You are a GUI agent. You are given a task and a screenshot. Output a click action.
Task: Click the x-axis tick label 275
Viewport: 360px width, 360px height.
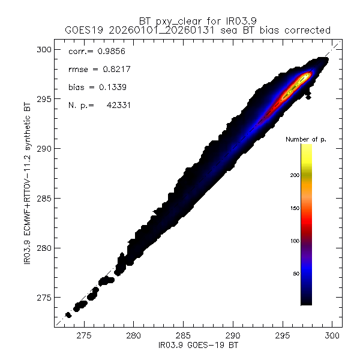coord(83,337)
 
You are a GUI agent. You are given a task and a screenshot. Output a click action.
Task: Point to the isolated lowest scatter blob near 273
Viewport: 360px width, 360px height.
coord(68,314)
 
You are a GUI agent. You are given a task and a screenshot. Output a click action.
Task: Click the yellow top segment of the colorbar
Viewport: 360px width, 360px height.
coord(306,153)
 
